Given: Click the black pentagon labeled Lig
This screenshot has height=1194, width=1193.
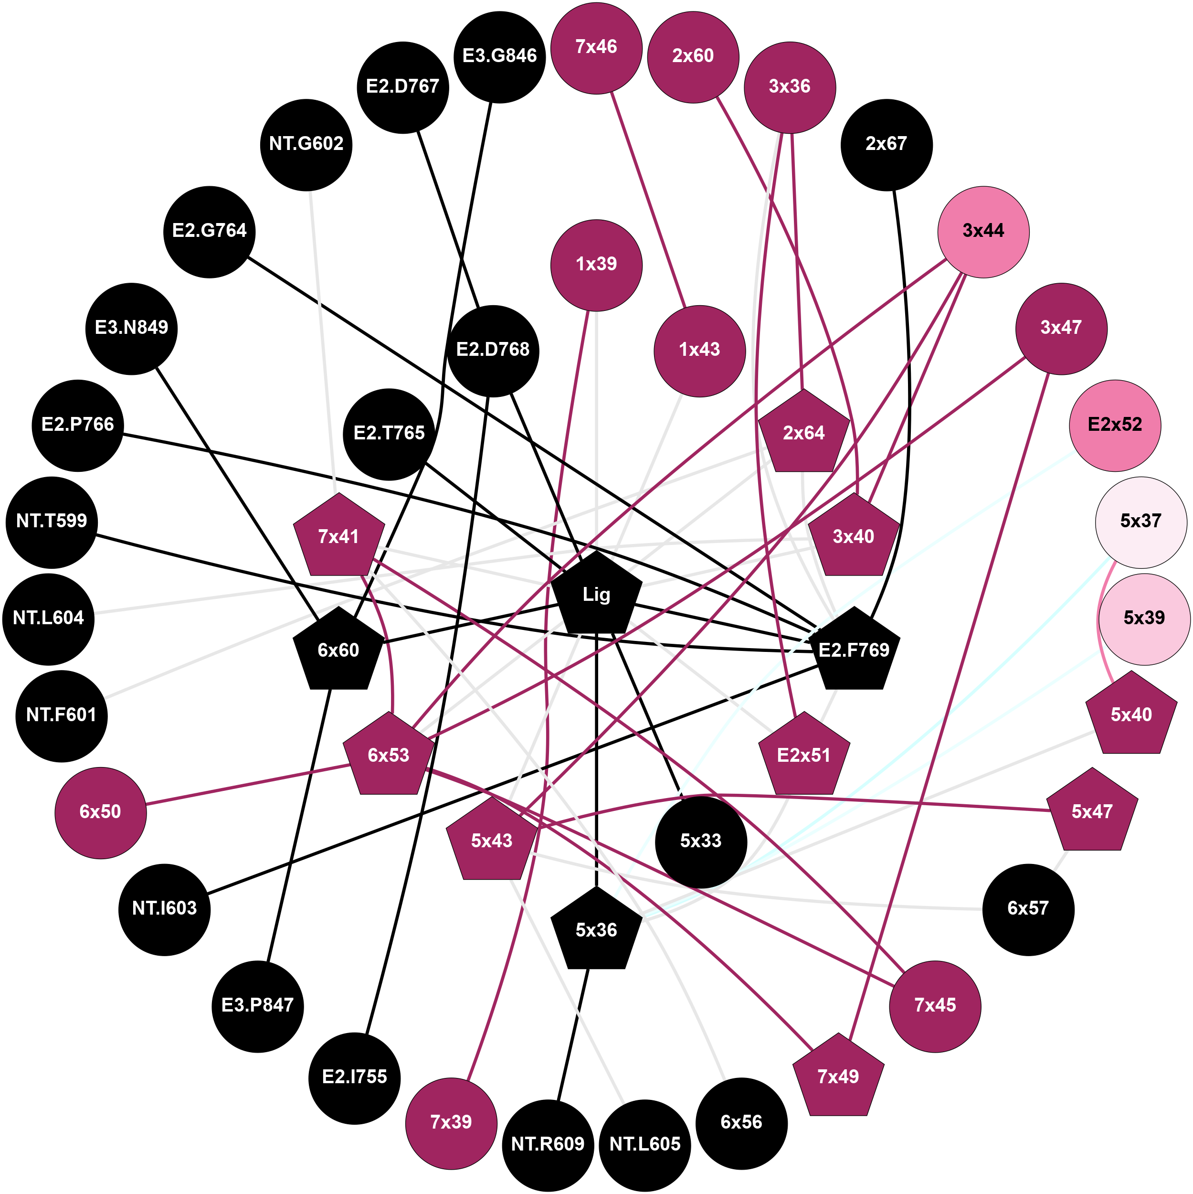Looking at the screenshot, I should click(596, 595).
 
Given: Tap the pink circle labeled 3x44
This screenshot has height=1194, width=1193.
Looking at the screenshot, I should click(983, 232).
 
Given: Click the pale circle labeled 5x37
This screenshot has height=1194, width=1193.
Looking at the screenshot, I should click(1140, 522).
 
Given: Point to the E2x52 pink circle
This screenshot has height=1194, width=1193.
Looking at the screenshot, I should click(1115, 425).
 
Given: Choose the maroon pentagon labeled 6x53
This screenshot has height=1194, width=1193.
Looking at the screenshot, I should click(389, 755).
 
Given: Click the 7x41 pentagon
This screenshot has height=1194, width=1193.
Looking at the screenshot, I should click(338, 537).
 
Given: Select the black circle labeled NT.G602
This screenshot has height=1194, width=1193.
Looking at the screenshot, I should click(306, 145).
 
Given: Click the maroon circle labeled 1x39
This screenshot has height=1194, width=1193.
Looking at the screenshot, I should click(596, 265).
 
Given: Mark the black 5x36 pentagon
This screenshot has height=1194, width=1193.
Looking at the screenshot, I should click(596, 930).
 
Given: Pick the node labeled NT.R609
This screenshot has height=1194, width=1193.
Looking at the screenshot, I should click(548, 1144).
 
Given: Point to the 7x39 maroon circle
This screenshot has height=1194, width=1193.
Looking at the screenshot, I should click(451, 1122).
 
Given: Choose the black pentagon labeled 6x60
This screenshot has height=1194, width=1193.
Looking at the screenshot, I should click(338, 650).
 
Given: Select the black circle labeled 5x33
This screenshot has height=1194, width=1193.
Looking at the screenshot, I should click(701, 841).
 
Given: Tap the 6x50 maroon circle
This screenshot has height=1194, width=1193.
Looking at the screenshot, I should click(101, 812).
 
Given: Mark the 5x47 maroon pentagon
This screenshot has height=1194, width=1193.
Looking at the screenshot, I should click(1092, 812).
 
